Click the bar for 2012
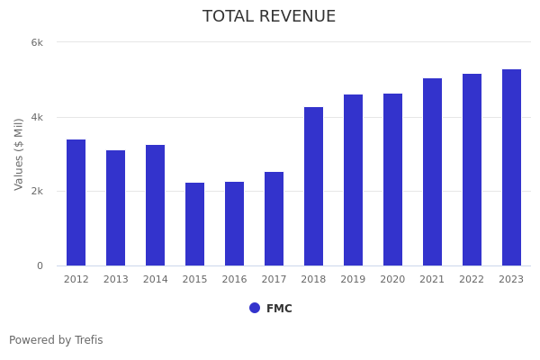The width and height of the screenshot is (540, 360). coord(76,202)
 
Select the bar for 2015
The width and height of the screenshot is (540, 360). coord(194,224)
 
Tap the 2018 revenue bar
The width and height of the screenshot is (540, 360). coord(313,186)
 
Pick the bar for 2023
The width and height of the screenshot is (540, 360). coord(511,167)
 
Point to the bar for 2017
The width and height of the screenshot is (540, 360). coord(274,219)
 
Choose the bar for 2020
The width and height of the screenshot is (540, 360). coord(392,179)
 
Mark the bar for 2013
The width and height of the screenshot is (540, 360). coord(115,208)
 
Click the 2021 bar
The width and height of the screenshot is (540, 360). coord(432,172)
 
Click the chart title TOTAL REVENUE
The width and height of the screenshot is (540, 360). coord(269,17)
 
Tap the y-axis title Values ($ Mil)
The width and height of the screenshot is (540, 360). coord(19,154)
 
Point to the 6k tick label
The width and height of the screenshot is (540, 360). coord(37,42)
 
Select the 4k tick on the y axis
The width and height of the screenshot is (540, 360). coord(37,117)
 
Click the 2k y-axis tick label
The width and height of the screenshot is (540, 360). coord(37,192)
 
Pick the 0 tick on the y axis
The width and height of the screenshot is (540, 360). coord(40,265)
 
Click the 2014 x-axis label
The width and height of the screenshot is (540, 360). coord(155,280)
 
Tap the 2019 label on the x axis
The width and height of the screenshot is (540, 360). coord(353,280)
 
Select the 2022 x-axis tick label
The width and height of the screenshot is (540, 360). coord(472,280)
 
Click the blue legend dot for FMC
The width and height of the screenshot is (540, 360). coord(255,308)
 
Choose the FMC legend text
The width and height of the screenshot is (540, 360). coord(279,309)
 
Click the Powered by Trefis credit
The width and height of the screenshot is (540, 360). coord(56,340)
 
